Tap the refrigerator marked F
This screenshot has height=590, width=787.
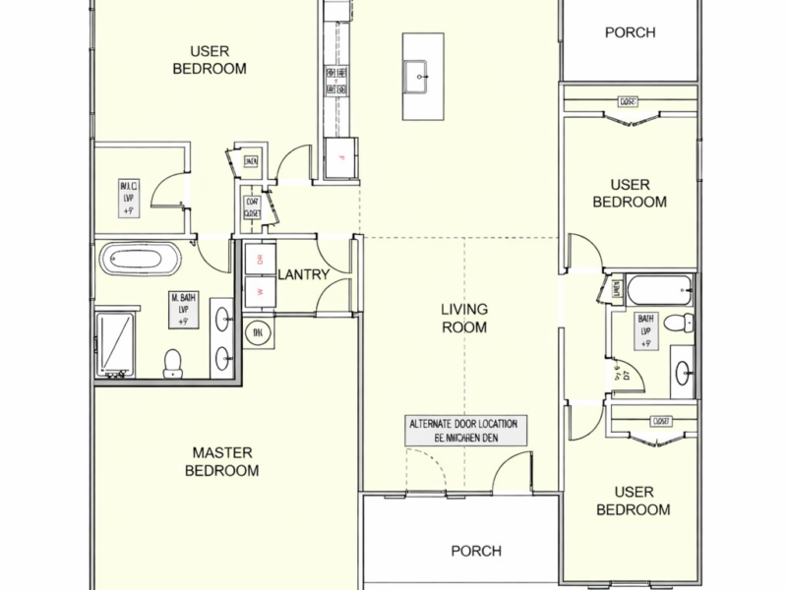pos(340,158)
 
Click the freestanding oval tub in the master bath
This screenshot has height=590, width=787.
pos(143,261)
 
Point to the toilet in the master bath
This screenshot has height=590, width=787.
pos(173,363)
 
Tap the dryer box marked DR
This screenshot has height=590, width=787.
pos(260,260)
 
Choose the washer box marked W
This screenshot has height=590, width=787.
pos(260,292)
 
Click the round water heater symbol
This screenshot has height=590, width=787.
pos(257,332)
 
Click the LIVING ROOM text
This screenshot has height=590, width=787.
pos(463,318)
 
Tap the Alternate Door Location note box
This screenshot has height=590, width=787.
pos(467,430)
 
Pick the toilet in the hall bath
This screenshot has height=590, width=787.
pos(677,324)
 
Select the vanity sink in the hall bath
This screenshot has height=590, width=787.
pos(683,371)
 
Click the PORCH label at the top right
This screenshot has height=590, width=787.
pos(630,32)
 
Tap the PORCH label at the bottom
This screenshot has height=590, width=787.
pos(476,551)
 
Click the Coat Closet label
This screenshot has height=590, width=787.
pos(252,206)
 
